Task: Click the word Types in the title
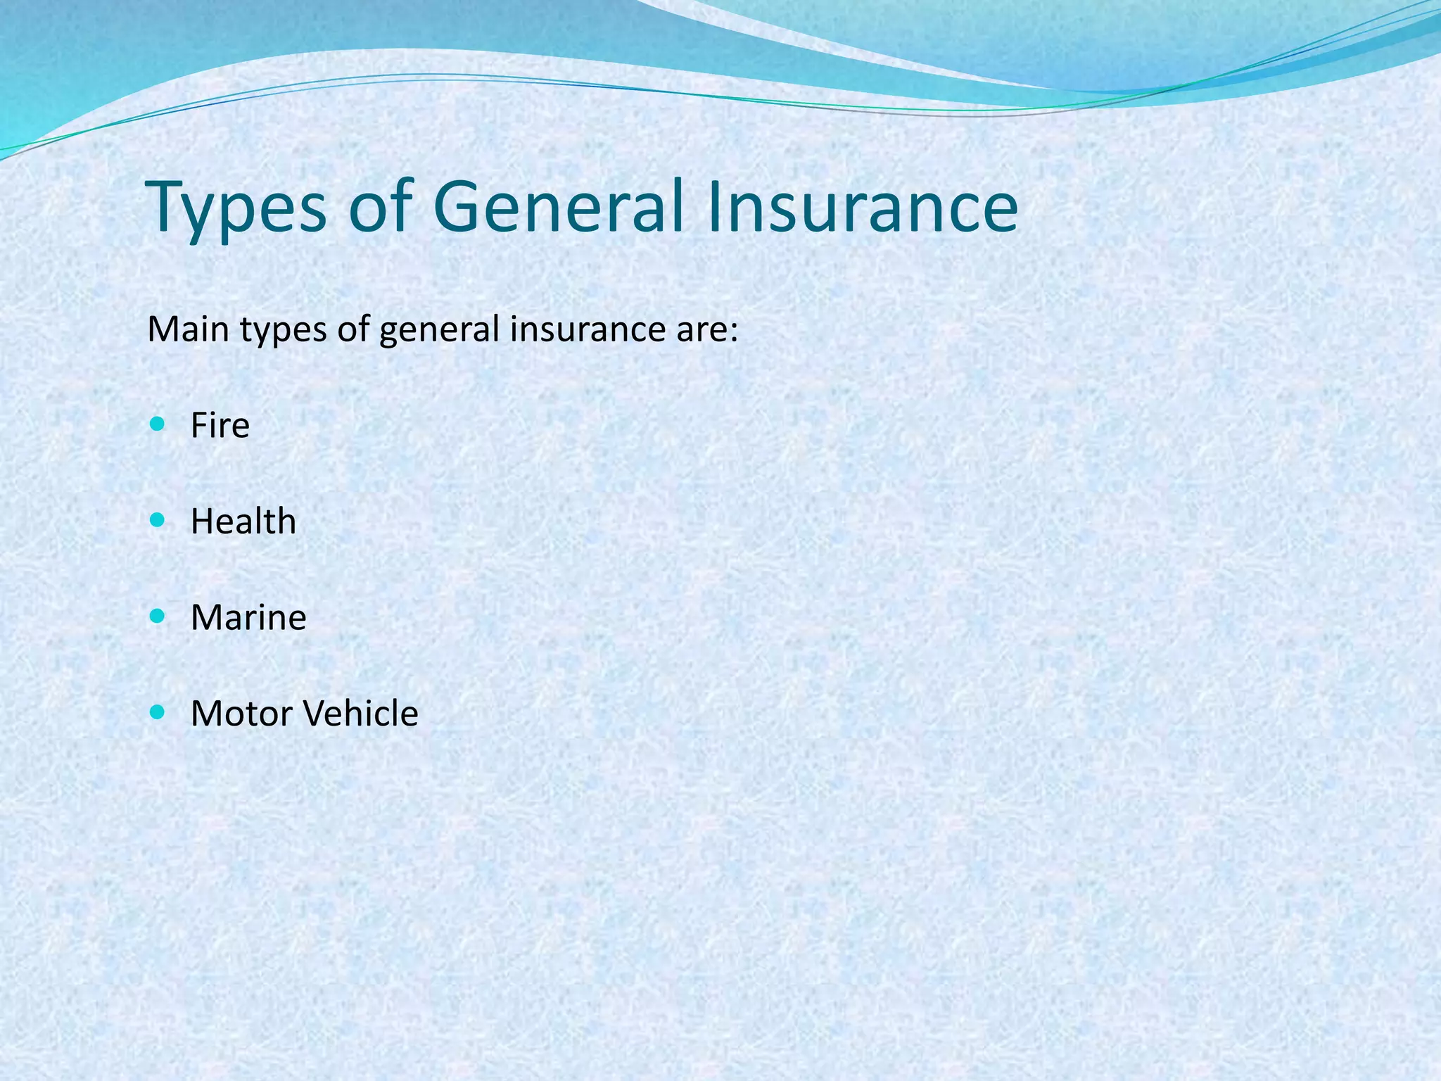click(236, 208)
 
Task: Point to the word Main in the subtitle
click(189, 329)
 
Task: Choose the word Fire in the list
click(220, 426)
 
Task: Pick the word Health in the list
click(243, 521)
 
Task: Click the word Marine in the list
click(248, 618)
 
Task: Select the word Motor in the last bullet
click(241, 714)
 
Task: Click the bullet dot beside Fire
click(158, 424)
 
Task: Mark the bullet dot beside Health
click(158, 520)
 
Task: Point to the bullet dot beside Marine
click(158, 617)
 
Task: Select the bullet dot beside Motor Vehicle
click(158, 712)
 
